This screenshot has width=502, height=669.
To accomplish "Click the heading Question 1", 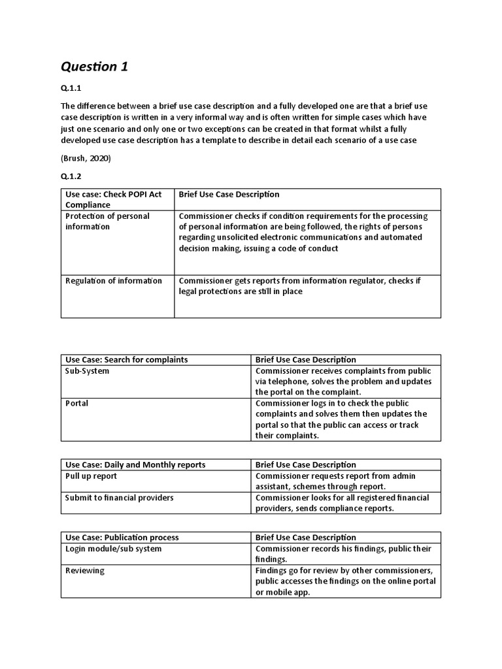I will click(94, 67).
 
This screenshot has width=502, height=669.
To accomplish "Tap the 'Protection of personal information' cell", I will click(107, 221).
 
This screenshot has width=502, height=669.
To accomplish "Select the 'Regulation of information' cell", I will click(113, 281).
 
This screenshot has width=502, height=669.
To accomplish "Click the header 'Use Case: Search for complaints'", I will click(126, 359).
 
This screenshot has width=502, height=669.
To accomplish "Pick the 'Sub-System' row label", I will click(87, 370).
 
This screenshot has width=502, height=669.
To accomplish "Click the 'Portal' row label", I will click(76, 403).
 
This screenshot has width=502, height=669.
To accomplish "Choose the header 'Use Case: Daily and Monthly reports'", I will click(135, 465).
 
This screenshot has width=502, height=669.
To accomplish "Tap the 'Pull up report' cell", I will click(91, 476).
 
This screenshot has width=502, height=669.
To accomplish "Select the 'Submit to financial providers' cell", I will click(119, 498).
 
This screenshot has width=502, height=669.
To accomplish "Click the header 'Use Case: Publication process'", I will click(122, 537).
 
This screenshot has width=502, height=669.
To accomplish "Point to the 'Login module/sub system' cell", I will click(113, 549).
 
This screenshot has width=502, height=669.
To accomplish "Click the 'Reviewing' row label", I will click(84, 570).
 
